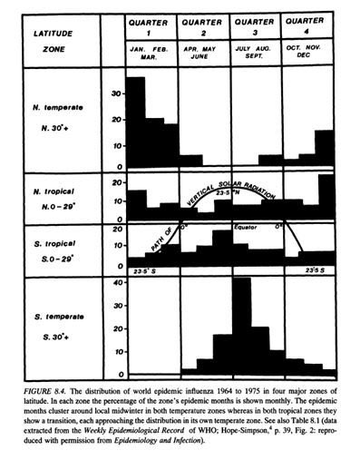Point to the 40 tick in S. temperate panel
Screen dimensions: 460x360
[115, 283]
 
